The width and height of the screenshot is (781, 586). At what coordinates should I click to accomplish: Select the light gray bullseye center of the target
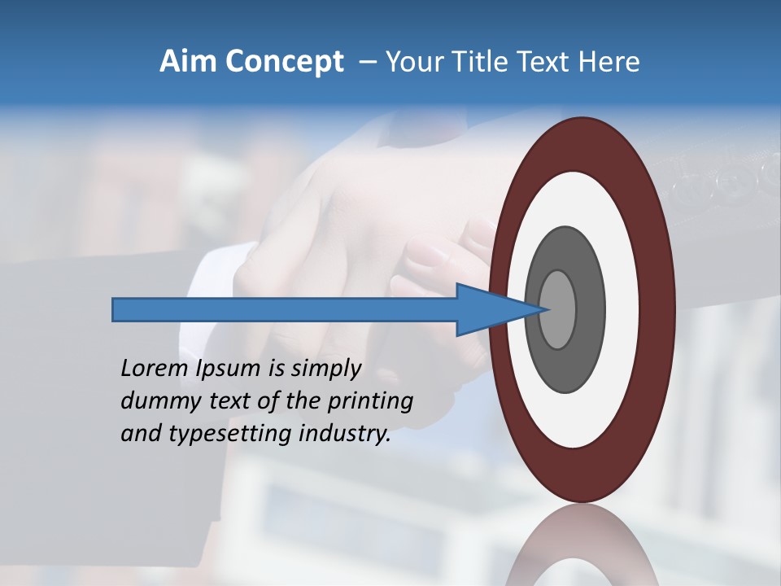(558, 309)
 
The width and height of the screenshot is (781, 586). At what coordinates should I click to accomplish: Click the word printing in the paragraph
(369, 402)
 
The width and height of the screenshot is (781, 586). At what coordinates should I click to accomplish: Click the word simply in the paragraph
(325, 370)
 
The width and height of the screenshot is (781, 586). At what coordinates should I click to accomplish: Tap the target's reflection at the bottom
(582, 545)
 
